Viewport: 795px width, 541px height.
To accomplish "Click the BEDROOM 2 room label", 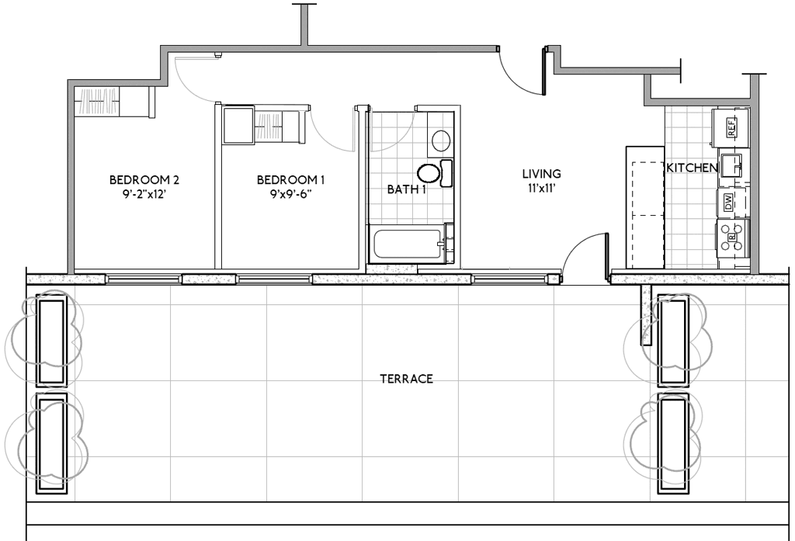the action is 144,179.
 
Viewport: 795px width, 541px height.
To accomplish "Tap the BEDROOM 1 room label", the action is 290,179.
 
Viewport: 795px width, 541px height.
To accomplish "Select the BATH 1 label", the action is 407,189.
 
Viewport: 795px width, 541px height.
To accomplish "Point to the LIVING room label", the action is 541,173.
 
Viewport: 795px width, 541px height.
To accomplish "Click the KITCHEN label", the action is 692,168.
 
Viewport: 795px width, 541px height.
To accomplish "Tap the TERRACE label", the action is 407,379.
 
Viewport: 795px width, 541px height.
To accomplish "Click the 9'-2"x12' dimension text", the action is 144,194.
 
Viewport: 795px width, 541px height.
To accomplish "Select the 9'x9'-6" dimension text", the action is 290,194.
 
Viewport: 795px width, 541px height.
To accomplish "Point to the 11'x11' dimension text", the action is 541,188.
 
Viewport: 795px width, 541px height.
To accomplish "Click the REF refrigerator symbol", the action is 730,127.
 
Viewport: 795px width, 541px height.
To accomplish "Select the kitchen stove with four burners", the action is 732,238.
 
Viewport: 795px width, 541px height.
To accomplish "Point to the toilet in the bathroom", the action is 435,173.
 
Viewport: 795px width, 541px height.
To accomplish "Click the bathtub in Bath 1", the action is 408,245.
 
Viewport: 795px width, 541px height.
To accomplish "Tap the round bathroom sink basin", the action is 441,140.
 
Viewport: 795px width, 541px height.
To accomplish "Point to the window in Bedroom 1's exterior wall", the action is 274,279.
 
